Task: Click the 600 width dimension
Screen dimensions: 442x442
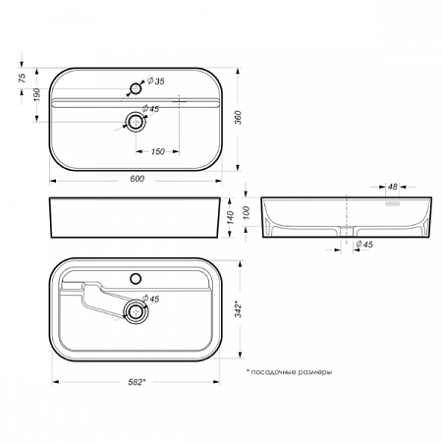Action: [137, 178]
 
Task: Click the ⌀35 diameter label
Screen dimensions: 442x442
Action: [153, 82]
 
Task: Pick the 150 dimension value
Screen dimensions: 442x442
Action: [156, 151]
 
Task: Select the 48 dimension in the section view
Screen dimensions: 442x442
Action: [391, 186]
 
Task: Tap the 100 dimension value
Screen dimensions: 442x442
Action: [248, 211]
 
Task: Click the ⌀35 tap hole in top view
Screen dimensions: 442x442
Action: [135, 89]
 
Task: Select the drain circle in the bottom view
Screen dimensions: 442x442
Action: [135, 312]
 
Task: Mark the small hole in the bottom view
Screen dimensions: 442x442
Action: [135, 272]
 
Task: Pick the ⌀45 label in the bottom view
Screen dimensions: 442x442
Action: [151, 299]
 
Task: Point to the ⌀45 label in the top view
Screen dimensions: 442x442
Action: [150, 109]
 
